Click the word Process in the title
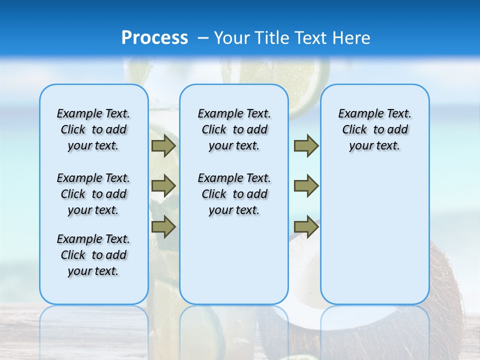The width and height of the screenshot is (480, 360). click(154, 38)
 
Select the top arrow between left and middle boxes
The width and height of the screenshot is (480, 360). click(163, 146)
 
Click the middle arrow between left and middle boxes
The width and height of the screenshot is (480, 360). click(163, 186)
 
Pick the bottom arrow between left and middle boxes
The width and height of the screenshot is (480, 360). click(163, 226)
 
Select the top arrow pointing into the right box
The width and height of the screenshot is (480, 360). click(306, 146)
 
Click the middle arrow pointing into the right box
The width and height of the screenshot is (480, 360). click(306, 186)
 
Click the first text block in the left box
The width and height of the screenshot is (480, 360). click(93, 129)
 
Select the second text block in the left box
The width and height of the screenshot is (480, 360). click(93, 194)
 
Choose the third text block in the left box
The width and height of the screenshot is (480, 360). click(93, 255)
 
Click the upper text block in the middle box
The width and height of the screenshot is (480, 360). click(234, 129)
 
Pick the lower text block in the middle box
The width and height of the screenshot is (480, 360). click(234, 194)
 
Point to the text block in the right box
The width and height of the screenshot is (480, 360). click(374, 129)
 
